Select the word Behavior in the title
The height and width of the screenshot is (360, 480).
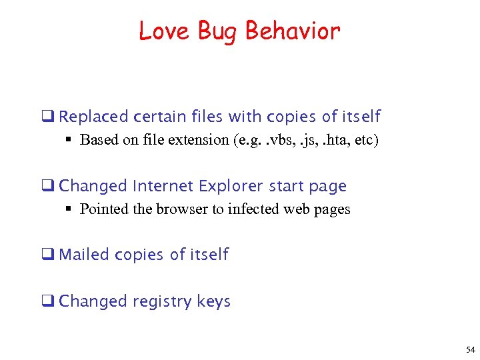293,31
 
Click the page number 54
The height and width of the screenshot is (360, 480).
471,350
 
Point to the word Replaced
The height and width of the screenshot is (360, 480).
93,117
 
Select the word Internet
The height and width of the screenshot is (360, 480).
164,186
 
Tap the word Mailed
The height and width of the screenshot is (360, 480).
85,255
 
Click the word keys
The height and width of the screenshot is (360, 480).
214,301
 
